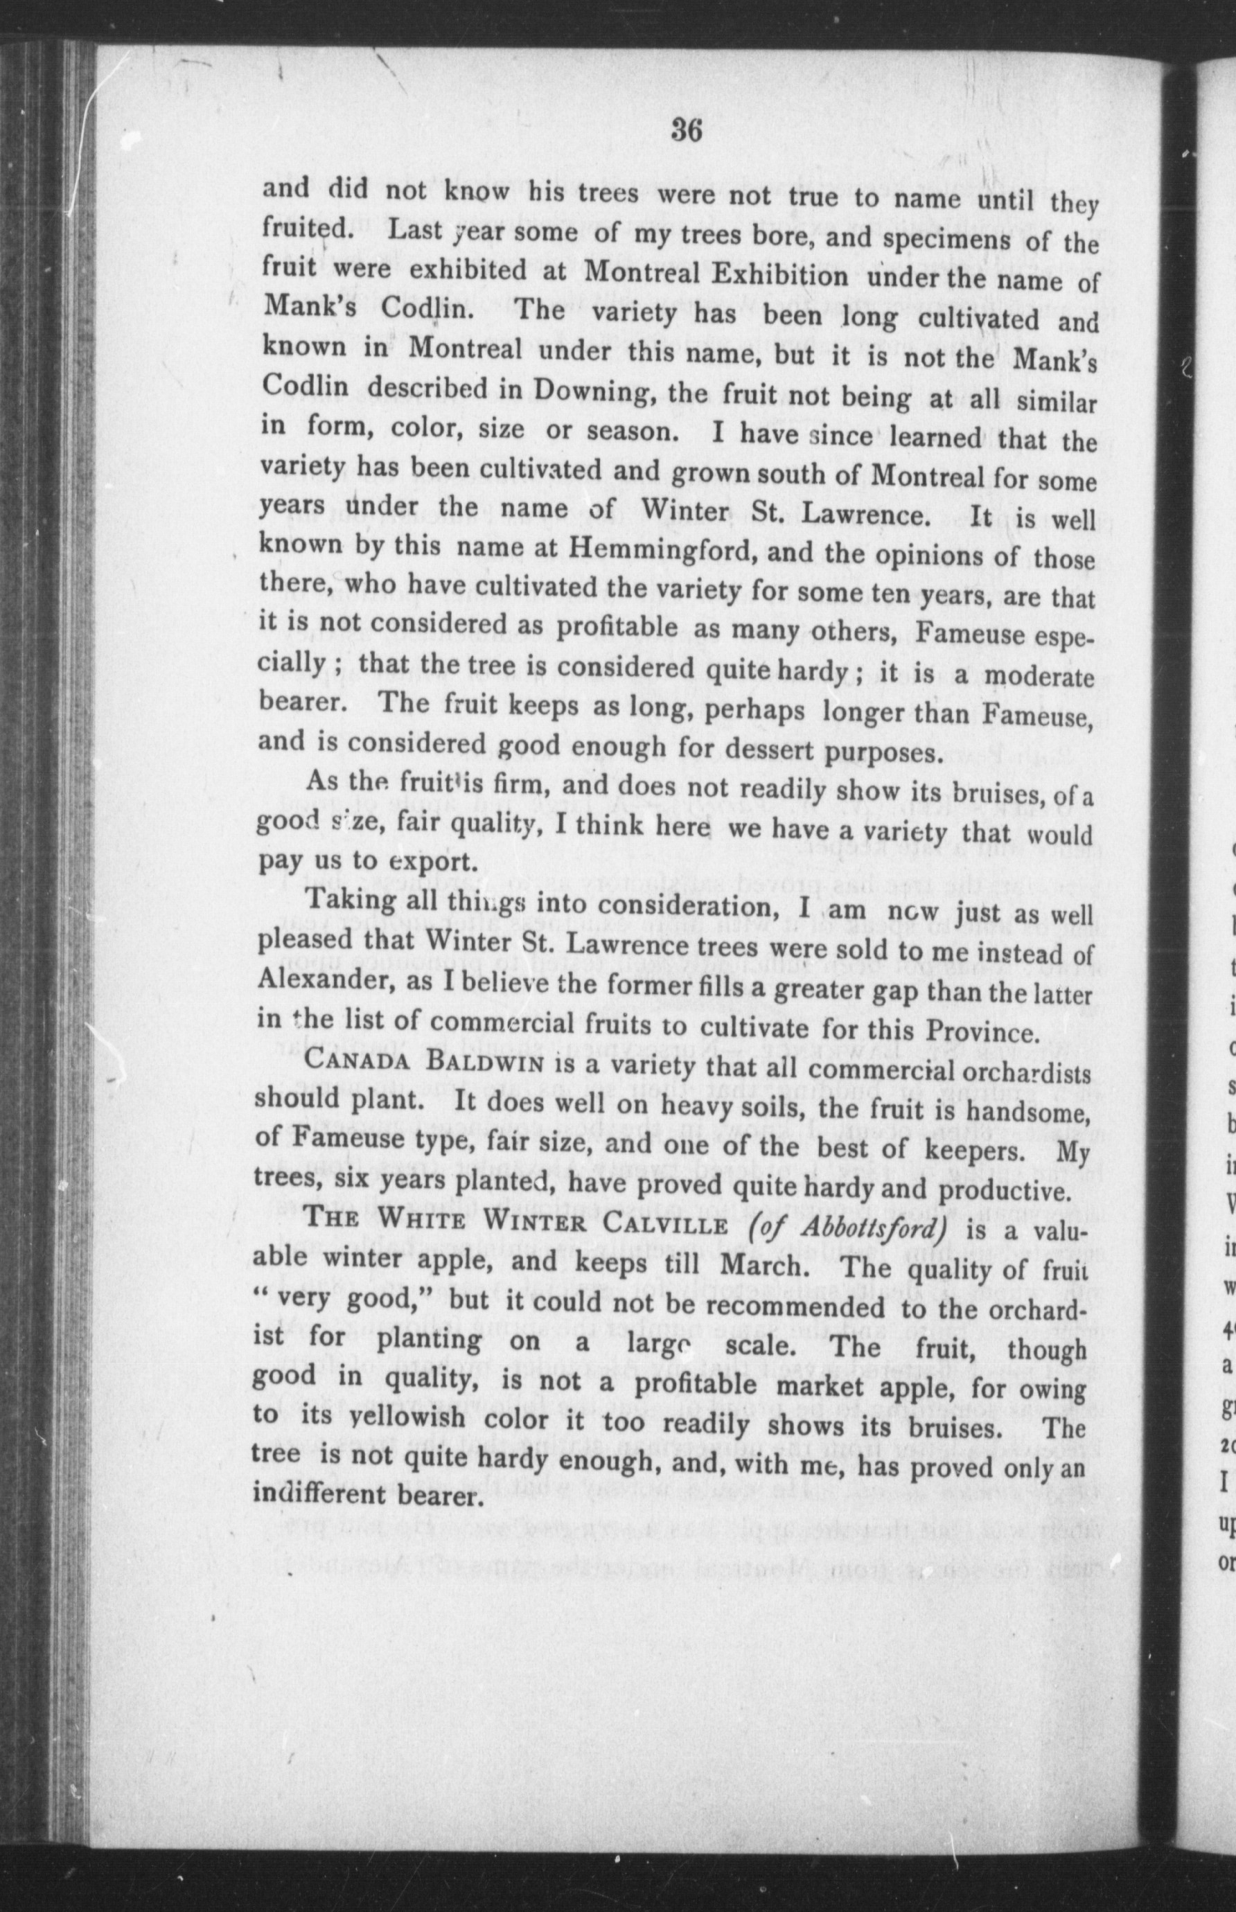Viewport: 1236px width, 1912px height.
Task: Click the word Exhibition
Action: pos(780,277)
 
